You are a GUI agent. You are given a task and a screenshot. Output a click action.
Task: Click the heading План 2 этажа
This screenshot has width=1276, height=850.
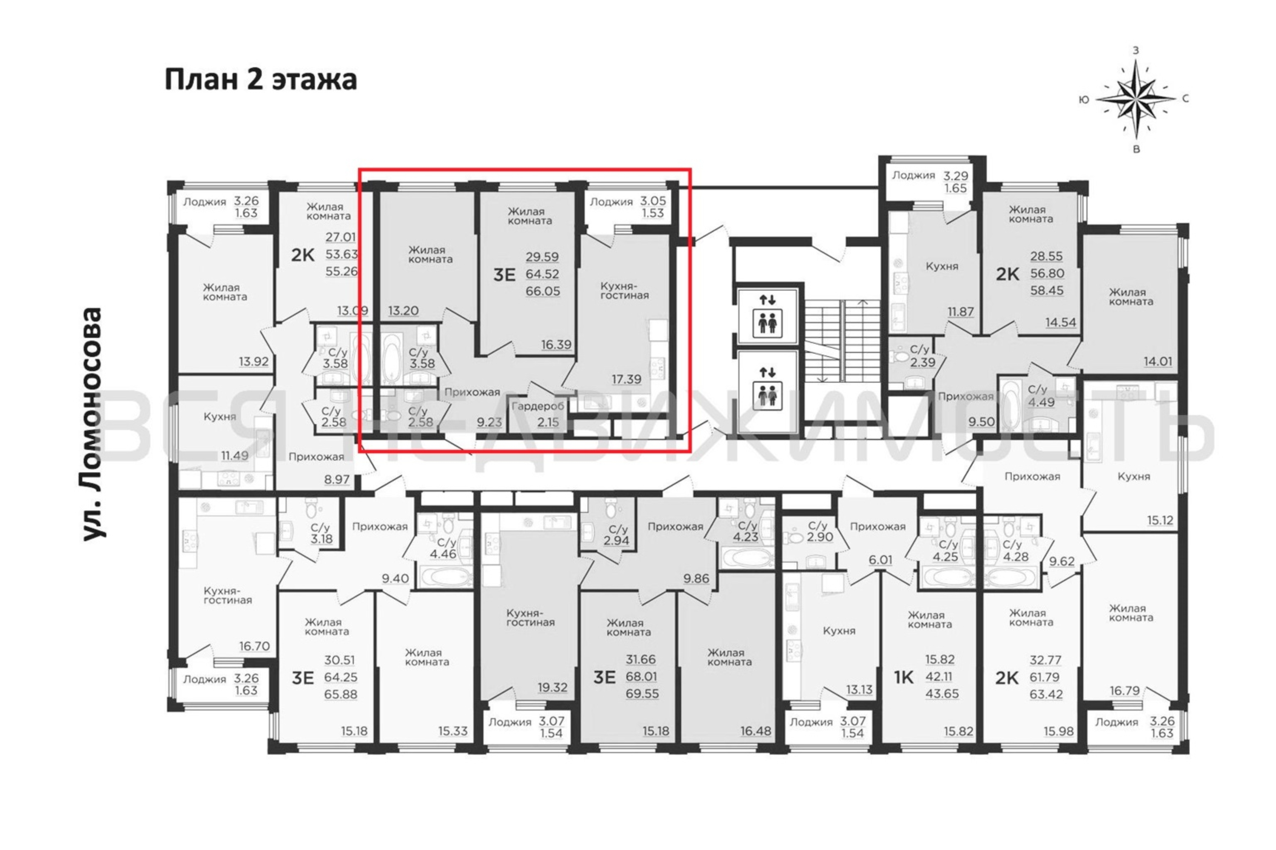pos(260,80)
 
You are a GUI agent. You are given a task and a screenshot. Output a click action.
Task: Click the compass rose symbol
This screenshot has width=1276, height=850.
pos(1136,99)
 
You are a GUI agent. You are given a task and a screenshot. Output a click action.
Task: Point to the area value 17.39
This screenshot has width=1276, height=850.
pos(627,380)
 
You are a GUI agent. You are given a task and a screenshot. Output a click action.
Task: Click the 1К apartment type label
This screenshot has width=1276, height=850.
pos(904,677)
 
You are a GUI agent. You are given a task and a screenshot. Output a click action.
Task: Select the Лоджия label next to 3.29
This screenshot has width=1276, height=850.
pos(914,175)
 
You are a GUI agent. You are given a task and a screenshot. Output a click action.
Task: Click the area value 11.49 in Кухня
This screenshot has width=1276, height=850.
pos(234,455)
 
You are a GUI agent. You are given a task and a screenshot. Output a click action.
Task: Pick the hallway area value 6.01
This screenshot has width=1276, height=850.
pos(880,559)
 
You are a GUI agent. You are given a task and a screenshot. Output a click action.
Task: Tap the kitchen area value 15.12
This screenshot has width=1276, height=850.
pos(1160,520)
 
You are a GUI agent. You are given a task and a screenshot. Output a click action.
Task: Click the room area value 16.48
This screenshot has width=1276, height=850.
pos(756,731)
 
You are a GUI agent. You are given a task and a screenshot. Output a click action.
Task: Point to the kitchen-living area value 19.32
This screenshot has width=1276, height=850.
pos(552,687)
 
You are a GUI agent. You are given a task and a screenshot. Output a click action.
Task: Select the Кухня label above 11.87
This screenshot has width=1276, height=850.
pos(942,266)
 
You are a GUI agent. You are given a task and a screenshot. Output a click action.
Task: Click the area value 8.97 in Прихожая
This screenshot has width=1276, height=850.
pos(337,479)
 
